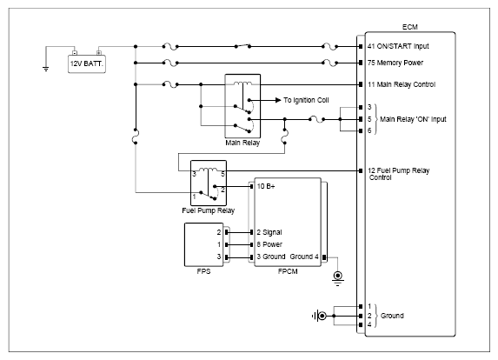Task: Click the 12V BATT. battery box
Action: coord(87,63)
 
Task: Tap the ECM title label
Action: coord(409,27)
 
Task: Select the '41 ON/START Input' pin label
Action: coord(398,46)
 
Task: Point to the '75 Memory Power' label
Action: coord(395,63)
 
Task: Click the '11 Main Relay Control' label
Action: coord(402,84)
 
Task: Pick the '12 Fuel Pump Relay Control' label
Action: coord(399,174)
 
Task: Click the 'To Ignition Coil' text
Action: coord(306,100)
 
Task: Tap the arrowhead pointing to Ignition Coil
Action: coord(278,100)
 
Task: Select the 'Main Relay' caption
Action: coord(242,143)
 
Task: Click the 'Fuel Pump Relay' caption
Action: coord(208,210)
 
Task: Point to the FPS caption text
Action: coord(203,271)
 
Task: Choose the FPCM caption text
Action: coord(288,271)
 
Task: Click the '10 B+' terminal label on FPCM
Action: coord(266,186)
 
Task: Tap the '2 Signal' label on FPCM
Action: coord(269,232)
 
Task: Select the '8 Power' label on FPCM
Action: coord(269,244)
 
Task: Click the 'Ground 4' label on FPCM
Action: coord(304,257)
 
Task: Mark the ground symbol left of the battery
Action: coord(46,69)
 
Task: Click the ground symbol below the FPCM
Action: coord(337,278)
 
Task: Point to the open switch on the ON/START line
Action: coord(242,46)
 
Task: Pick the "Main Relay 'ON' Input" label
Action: coord(413,119)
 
